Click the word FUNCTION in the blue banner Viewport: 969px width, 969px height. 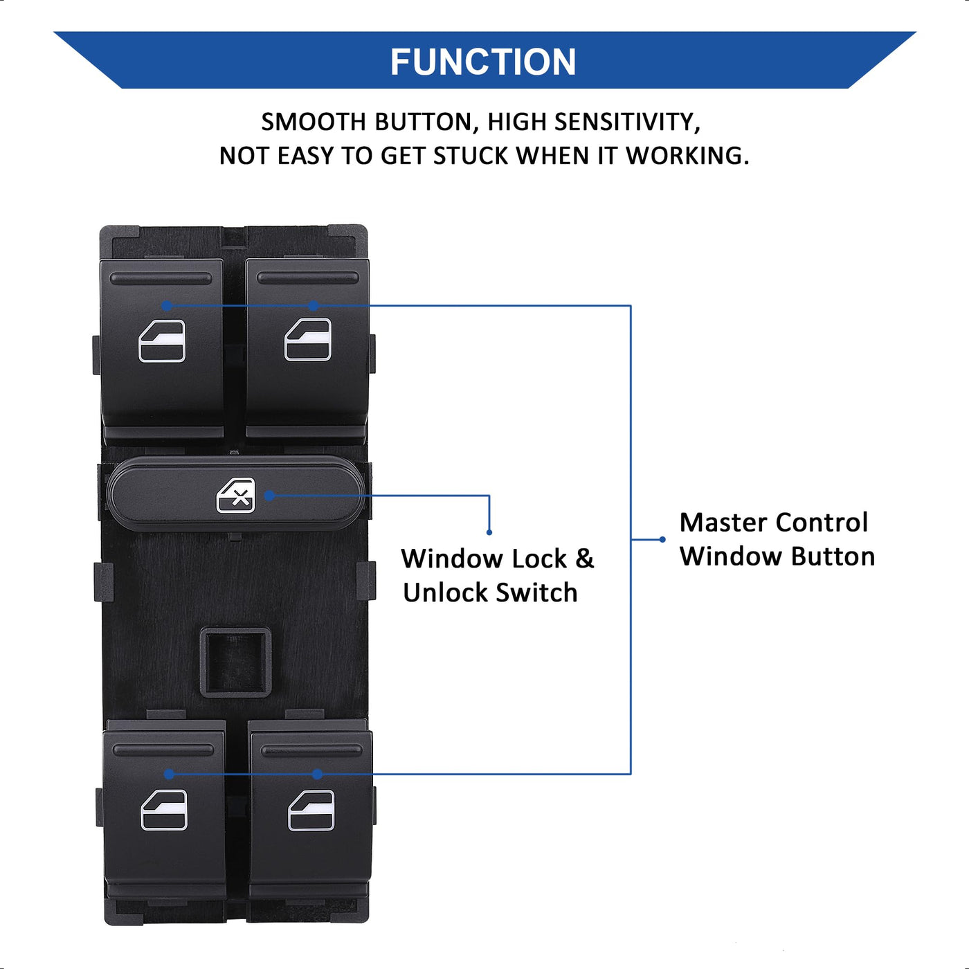coord(483,62)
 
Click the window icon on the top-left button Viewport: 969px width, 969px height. coord(162,341)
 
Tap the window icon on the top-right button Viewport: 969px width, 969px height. coord(308,339)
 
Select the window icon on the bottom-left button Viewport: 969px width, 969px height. coord(164,810)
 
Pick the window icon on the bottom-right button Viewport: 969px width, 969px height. coord(311,810)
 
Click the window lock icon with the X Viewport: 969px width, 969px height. coord(236,496)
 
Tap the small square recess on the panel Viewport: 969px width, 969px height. coord(235,662)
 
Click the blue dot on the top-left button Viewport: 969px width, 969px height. coord(167,305)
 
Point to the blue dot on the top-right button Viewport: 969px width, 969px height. coord(313,305)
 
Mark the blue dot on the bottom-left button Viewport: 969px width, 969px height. coord(169,774)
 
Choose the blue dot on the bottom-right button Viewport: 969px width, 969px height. coord(317,774)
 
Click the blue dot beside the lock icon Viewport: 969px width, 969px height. coord(269,496)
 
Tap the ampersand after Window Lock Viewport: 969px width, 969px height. coord(585,559)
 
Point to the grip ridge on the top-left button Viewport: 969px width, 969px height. coord(161,279)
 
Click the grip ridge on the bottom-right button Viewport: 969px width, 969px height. coord(311,750)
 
